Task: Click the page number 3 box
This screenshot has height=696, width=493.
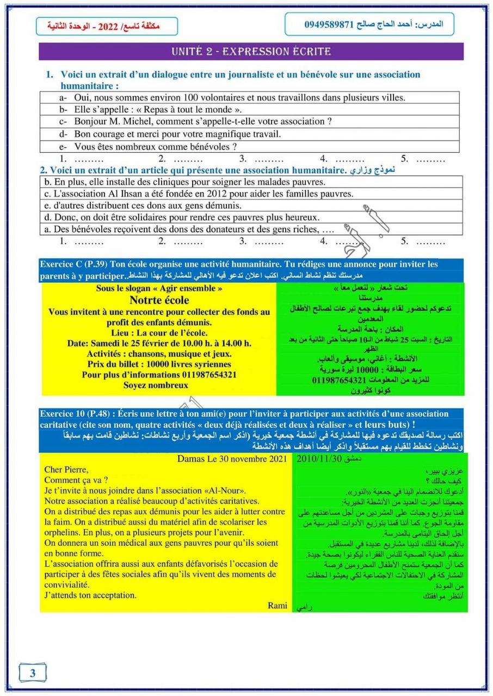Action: pyautogui.click(x=33, y=673)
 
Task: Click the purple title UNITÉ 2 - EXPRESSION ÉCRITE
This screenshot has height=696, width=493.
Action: pyautogui.click(x=251, y=52)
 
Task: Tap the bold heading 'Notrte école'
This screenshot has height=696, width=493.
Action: pyautogui.click(x=159, y=300)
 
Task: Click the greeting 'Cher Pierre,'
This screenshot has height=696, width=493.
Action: pyautogui.click(x=66, y=470)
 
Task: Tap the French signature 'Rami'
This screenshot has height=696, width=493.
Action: pyautogui.click(x=277, y=606)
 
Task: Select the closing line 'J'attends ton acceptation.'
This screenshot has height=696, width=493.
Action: pyautogui.click(x=90, y=595)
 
